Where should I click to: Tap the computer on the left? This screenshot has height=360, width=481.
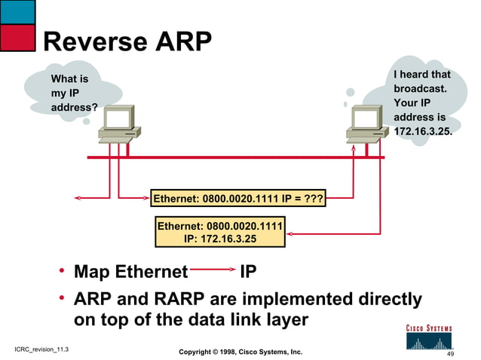pyautogui.click(x=119, y=124)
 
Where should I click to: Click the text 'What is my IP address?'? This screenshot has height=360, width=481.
pyautogui.click(x=73, y=93)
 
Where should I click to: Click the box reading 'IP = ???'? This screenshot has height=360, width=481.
pyautogui.click(x=238, y=200)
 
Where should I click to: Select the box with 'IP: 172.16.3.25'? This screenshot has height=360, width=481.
pyautogui.click(x=220, y=232)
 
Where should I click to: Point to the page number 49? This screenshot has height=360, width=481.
pyautogui.click(x=451, y=354)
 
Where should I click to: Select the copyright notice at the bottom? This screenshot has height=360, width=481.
pyautogui.click(x=240, y=352)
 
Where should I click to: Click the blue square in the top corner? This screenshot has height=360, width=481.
pyautogui.click(x=17, y=11)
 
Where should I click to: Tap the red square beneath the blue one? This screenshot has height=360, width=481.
pyautogui.click(x=17, y=37)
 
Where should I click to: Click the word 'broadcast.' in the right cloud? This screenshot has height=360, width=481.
pyautogui.click(x=420, y=89)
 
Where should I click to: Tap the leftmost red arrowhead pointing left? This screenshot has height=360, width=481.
pyautogui.click(x=77, y=199)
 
